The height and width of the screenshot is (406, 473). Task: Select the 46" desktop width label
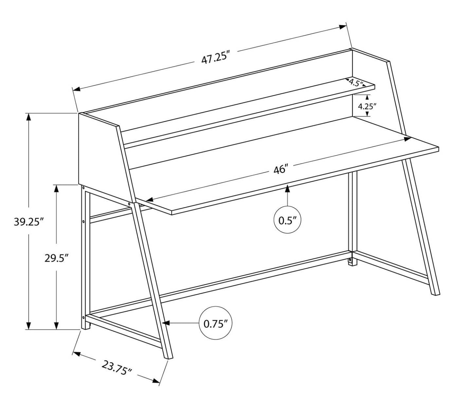[281, 170]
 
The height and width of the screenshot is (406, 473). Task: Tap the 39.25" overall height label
[29, 222]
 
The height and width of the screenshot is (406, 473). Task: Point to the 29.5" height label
[56, 258]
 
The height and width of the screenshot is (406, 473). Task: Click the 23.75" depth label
[117, 367]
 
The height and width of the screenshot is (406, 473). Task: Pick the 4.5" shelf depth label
[356, 82]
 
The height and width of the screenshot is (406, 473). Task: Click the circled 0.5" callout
[287, 220]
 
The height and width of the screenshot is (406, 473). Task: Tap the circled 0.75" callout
[215, 324]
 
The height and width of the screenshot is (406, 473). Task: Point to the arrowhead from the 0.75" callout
[166, 323]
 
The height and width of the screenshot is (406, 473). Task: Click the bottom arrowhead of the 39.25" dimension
[29, 325]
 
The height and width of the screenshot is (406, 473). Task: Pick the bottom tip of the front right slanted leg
[436, 293]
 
